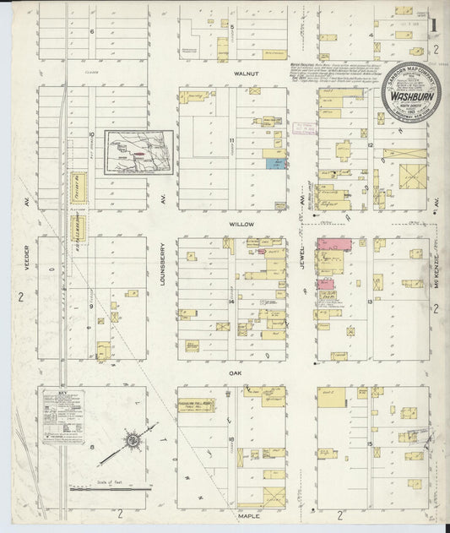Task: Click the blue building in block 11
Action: [x=274, y=163]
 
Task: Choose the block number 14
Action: [x=230, y=301]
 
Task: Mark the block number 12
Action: [x=371, y=145]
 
